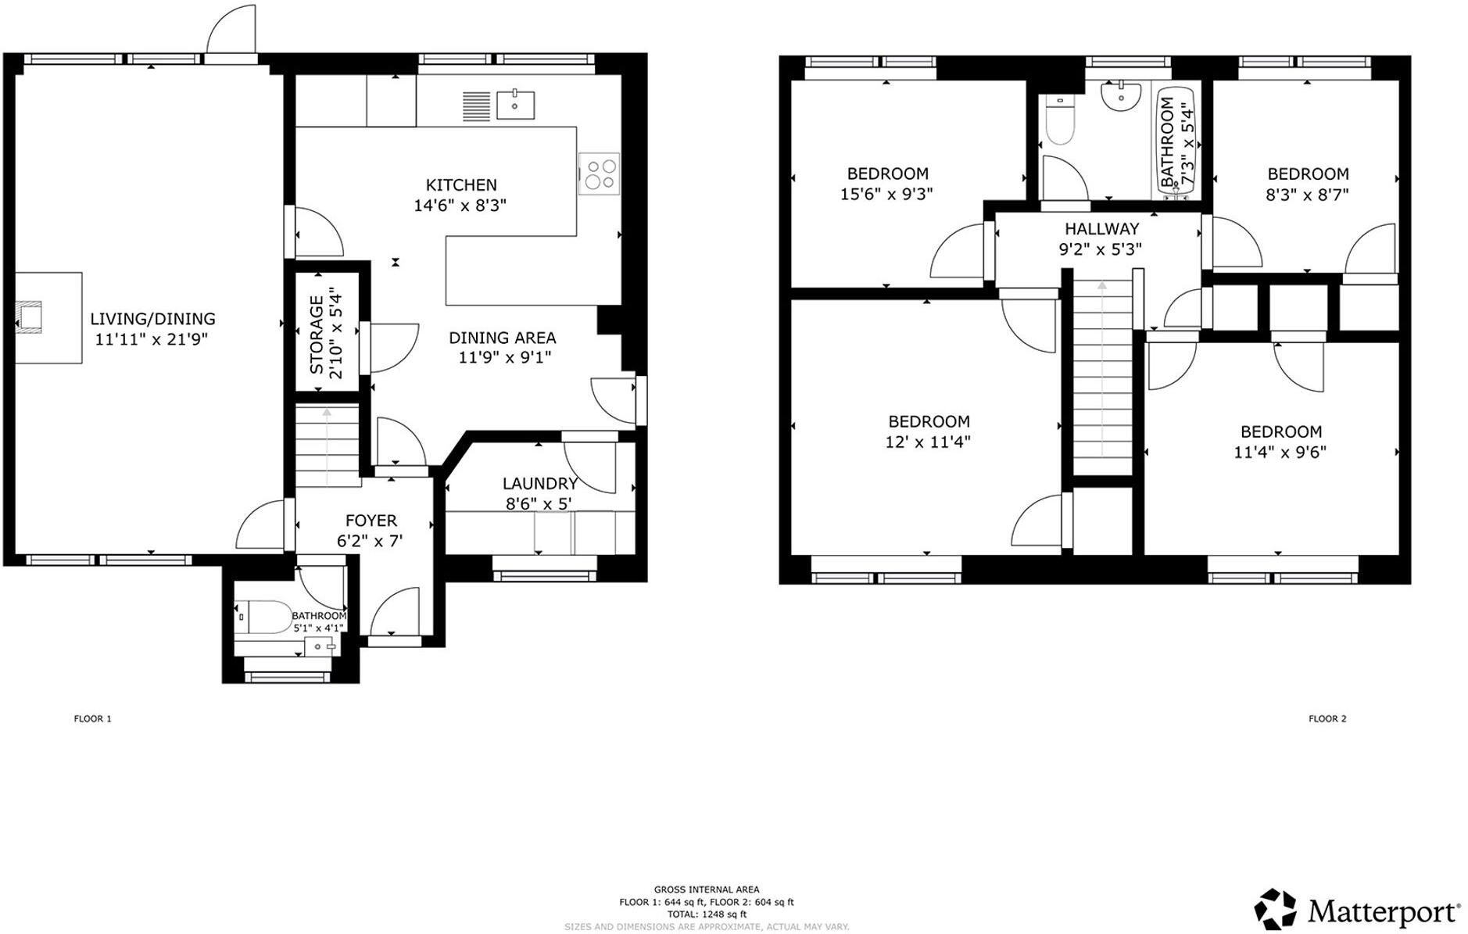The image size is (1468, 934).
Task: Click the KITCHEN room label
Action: (460, 185)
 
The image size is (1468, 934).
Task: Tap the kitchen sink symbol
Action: (515, 105)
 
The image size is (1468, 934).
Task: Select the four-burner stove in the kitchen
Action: (599, 174)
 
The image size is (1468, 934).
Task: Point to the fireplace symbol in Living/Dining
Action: (31, 318)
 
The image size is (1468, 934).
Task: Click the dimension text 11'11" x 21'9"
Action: (152, 339)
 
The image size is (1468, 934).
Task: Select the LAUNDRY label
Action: (539, 484)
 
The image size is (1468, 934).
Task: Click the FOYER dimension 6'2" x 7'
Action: (370, 541)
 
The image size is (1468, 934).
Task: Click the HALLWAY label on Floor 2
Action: (1101, 229)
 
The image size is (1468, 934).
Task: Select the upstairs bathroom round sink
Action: (1120, 95)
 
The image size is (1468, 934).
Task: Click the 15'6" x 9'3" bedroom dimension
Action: (886, 194)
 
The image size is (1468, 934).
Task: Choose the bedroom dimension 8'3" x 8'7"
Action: (1307, 195)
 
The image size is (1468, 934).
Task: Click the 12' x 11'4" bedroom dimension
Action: (927, 442)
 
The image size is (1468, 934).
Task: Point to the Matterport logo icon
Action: (1275, 910)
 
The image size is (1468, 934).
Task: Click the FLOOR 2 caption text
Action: (1327, 718)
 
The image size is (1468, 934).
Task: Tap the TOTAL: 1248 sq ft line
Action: (706, 914)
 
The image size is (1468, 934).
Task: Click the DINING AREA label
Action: (502, 338)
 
